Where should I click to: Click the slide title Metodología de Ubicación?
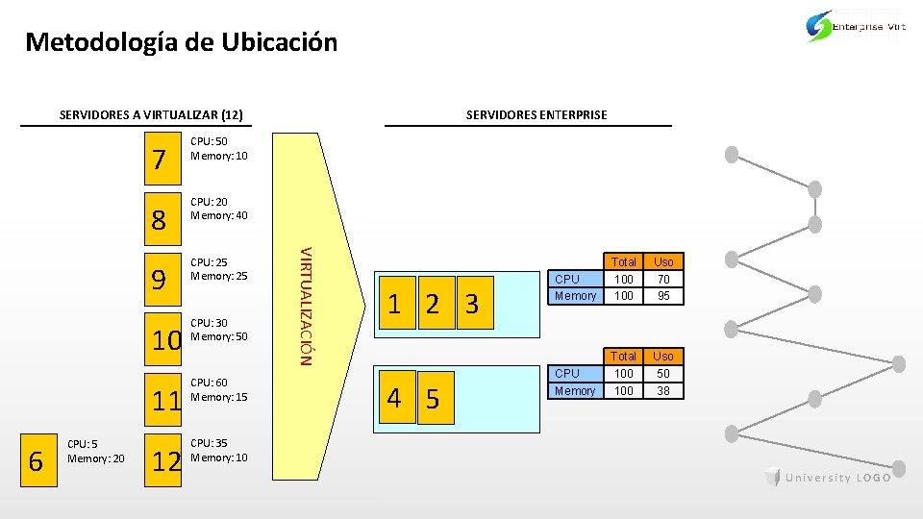pyautogui.click(x=182, y=42)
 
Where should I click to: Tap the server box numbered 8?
pyautogui.click(x=162, y=219)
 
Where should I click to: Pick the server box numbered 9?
pyautogui.click(x=162, y=280)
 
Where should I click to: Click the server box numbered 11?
pyautogui.click(x=165, y=400)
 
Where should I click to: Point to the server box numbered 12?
pyautogui.click(x=165, y=461)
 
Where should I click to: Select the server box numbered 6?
pyautogui.click(x=37, y=461)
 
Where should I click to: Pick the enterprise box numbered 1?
pyautogui.click(x=395, y=305)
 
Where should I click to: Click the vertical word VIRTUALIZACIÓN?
pyautogui.click(x=304, y=306)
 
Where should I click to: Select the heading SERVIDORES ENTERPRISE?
pyautogui.click(x=536, y=115)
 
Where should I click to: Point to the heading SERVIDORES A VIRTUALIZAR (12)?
pyautogui.click(x=150, y=115)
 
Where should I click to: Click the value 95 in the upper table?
pyautogui.click(x=663, y=296)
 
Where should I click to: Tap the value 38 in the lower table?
pyautogui.click(x=663, y=390)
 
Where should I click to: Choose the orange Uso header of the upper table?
pyautogui.click(x=663, y=261)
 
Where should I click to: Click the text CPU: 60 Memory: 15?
pyautogui.click(x=219, y=389)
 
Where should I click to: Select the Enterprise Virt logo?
pyautogui.click(x=855, y=27)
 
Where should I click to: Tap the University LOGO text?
pyautogui.click(x=837, y=479)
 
